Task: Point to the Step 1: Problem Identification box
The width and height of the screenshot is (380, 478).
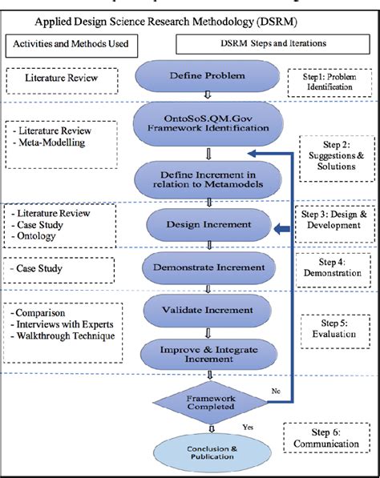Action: pyautogui.click(x=327, y=79)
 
